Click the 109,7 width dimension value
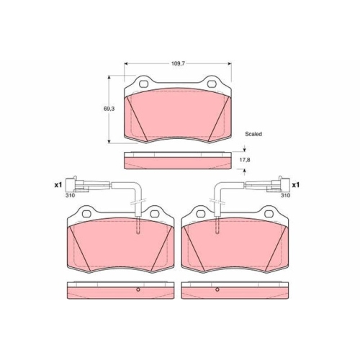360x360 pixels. coord(178,63)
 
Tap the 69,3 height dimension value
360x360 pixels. coord(109,109)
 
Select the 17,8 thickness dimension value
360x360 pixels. coord(245,160)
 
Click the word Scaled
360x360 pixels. coord(253,134)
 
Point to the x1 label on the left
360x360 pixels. coord(58,185)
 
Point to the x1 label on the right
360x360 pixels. coord(296,185)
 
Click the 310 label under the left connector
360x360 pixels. coord(70,195)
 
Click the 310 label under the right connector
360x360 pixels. coord(286,195)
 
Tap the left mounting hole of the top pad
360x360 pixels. coord(144,84)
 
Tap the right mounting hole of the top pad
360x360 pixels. coord(212,84)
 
